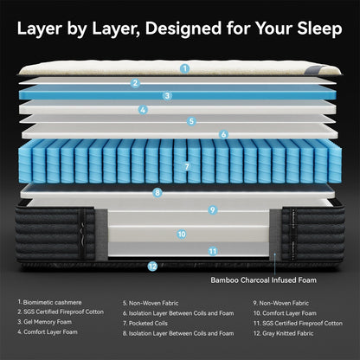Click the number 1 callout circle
[x=184, y=67]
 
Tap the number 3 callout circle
[x=167, y=96]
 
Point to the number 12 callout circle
[x=152, y=267]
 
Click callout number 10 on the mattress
[x=182, y=233]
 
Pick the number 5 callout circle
[x=192, y=122]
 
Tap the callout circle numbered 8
[x=157, y=193]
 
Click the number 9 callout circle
[x=212, y=209]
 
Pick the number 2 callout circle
[x=135, y=83]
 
